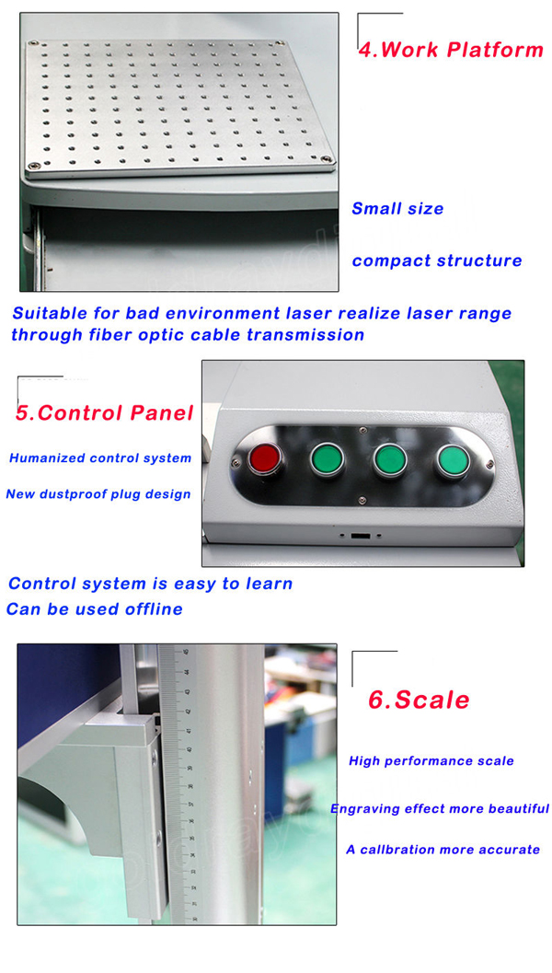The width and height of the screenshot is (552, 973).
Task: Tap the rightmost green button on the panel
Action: (x=451, y=459)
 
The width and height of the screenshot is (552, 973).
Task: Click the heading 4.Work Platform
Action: (x=450, y=50)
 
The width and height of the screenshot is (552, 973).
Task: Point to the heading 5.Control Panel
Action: (x=104, y=412)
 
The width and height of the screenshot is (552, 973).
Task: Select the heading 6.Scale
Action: (x=419, y=700)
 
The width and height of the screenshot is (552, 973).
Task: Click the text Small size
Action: (x=397, y=209)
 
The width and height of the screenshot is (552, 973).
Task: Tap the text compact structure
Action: (x=437, y=261)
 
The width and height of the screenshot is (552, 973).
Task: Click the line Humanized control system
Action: (x=100, y=458)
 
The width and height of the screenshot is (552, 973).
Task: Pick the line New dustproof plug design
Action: (x=98, y=494)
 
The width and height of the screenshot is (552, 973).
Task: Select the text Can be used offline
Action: (x=95, y=609)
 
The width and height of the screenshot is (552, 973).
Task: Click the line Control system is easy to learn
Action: (x=151, y=584)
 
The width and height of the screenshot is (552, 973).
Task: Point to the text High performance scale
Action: (x=431, y=761)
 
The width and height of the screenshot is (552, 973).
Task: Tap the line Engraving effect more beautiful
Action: (x=440, y=809)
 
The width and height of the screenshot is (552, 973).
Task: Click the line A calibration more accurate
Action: (x=443, y=850)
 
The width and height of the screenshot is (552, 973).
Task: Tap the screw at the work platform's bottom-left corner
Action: (x=34, y=166)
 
